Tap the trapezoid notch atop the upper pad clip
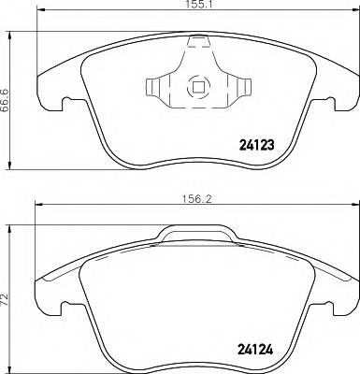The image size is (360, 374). tap(198, 42)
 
